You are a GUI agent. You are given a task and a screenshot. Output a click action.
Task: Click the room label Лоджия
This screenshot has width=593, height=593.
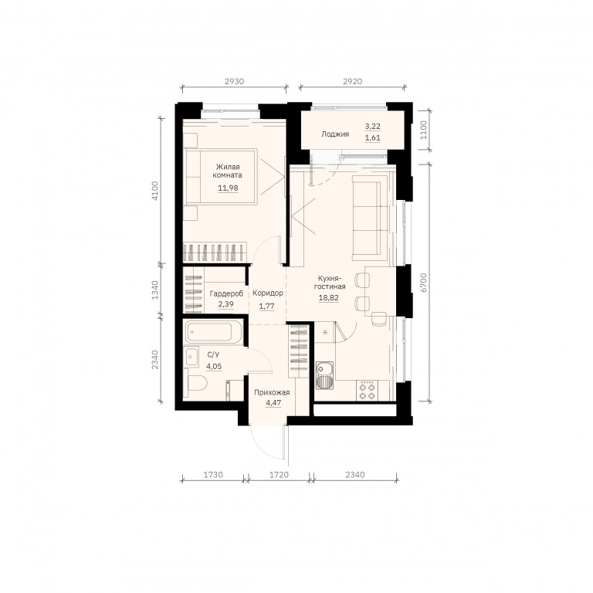pyautogui.click(x=335, y=134)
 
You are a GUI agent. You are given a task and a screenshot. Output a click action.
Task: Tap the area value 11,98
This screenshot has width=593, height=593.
pyautogui.click(x=228, y=188)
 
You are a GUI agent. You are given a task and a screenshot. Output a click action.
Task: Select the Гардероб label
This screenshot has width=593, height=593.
pyautogui.click(x=226, y=293)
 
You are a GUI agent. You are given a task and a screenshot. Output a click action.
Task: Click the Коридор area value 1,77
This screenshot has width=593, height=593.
pyautogui.click(x=266, y=306)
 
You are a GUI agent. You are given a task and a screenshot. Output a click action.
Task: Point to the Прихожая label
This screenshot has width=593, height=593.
pyautogui.click(x=272, y=392)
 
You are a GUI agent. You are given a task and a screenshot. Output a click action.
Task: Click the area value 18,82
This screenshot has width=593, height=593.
pyautogui.click(x=328, y=297)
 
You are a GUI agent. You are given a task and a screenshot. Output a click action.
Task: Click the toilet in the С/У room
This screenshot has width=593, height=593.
pyautogui.click(x=197, y=384)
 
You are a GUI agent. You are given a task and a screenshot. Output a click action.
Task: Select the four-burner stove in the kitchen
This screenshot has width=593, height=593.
pyautogui.click(x=368, y=391)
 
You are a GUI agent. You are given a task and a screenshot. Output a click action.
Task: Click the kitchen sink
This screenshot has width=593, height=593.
pyautogui.click(x=324, y=375)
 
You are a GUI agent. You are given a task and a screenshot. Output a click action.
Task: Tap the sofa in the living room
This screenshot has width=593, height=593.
pyautogui.click(x=371, y=219)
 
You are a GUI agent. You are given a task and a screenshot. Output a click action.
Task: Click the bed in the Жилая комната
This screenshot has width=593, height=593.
pyautogui.click(x=222, y=177)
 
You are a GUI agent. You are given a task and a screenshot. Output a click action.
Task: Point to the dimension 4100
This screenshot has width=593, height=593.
pyautogui.click(x=154, y=191)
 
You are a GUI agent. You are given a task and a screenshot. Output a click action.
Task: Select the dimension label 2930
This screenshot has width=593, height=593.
pyautogui.click(x=234, y=81)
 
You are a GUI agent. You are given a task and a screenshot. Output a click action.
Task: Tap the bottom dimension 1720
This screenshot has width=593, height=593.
pyautogui.click(x=279, y=474)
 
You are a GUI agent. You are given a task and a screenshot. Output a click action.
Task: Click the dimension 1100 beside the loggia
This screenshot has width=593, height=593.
pyautogui.click(x=424, y=130)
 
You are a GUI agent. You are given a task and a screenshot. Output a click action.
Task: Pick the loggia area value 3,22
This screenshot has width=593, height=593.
pyautogui.click(x=372, y=126)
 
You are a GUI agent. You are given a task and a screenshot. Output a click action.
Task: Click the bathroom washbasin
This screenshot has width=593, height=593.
pyautogui.click(x=191, y=357)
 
